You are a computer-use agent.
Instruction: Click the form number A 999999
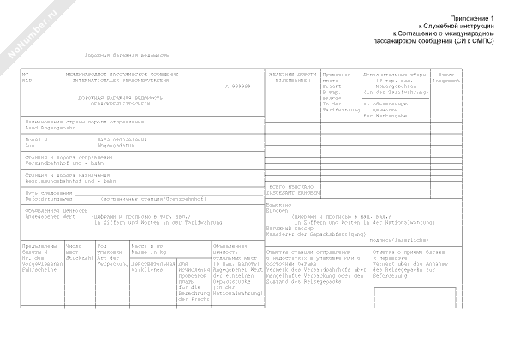[241, 87]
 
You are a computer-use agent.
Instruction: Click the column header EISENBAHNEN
[289, 81]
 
